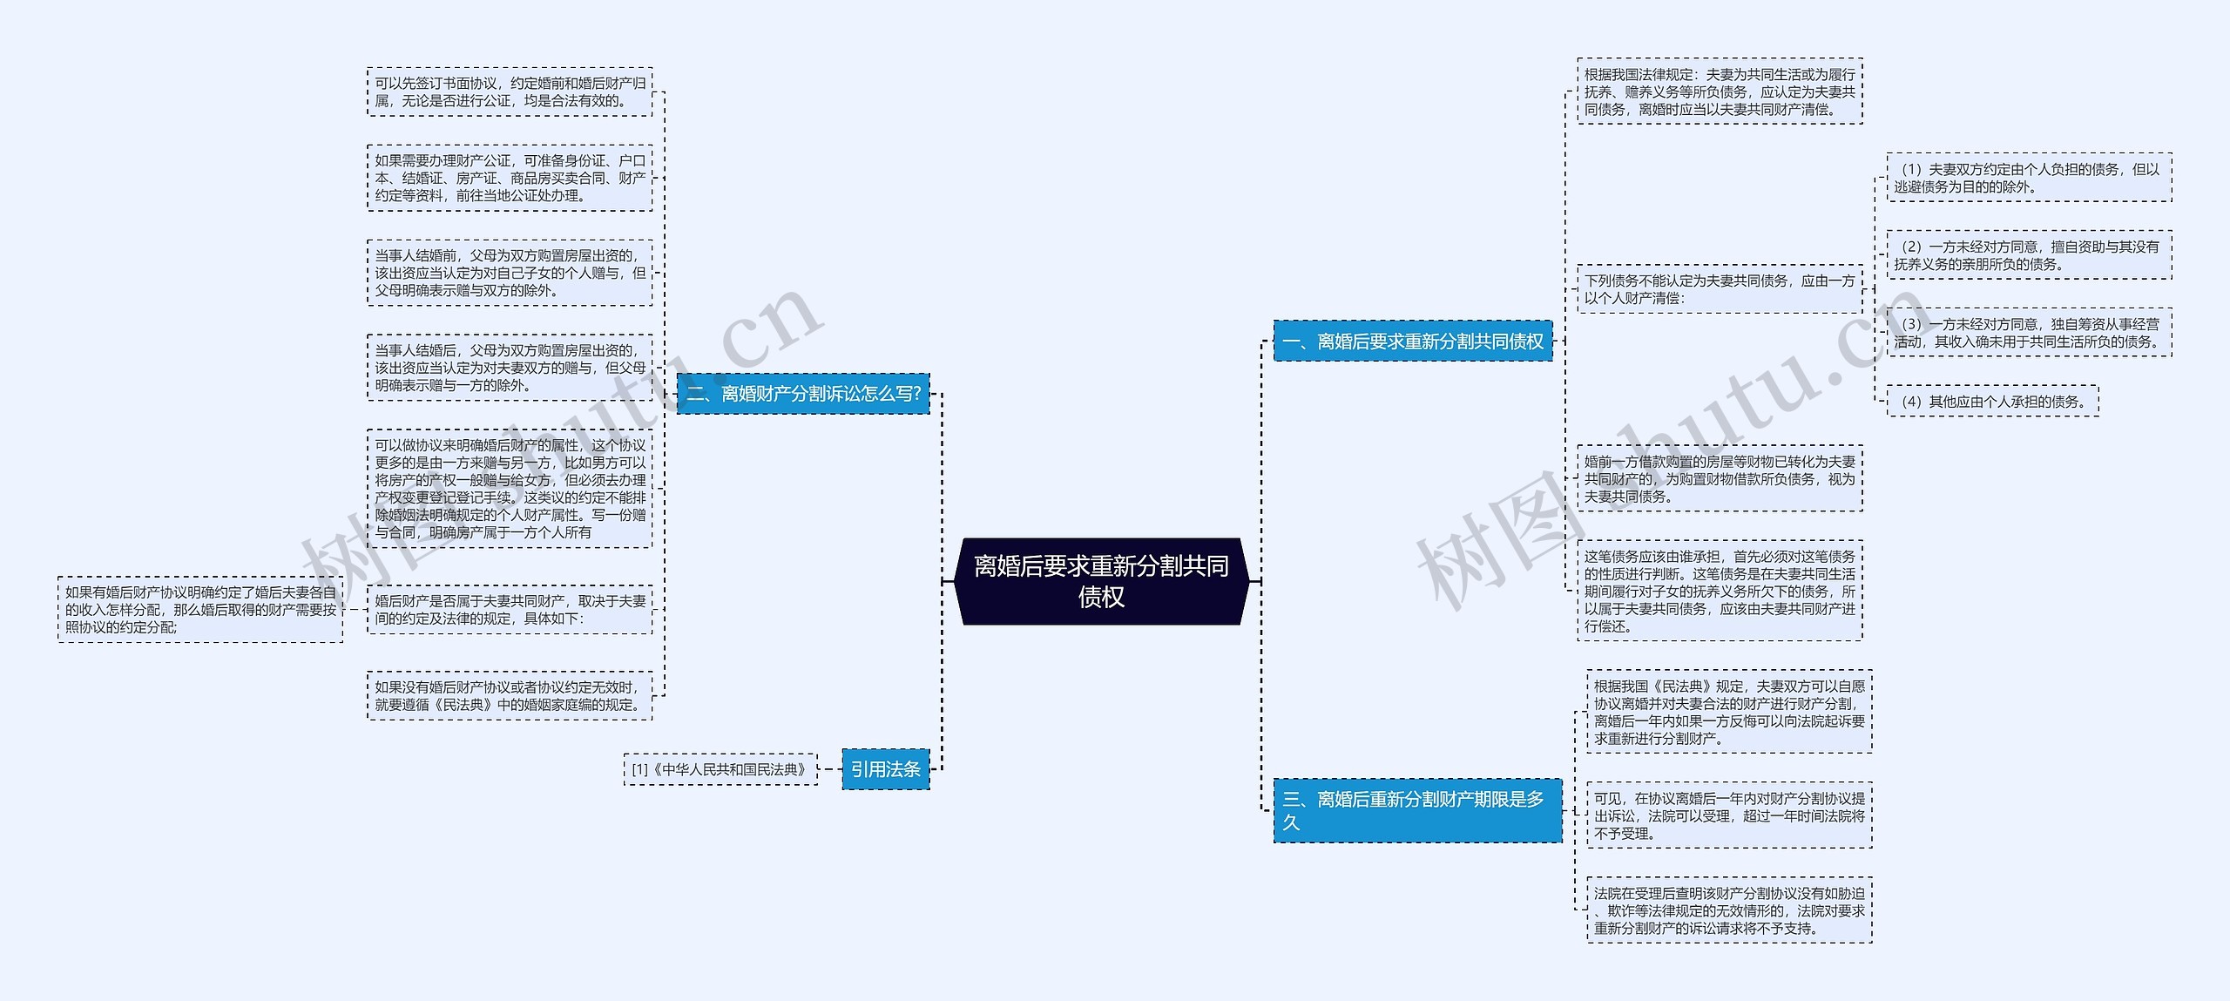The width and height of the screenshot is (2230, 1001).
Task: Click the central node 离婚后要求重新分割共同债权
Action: coord(1101,581)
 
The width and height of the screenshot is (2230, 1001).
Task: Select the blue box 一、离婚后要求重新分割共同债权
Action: coord(1413,341)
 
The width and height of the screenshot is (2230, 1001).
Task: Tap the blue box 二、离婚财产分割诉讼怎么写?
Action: coord(803,394)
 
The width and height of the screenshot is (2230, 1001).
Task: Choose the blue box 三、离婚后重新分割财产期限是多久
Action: coord(1417,810)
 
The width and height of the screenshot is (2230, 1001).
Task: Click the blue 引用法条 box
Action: coord(886,769)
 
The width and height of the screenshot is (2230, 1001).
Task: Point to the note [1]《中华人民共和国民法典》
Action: coord(720,769)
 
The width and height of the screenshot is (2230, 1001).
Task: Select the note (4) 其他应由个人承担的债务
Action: coord(1992,402)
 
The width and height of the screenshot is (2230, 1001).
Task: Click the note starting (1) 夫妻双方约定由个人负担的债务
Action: coord(2029,178)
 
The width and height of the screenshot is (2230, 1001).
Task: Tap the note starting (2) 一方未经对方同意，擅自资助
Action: coord(2029,255)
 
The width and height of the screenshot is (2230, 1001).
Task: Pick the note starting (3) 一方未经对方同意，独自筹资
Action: coord(2029,333)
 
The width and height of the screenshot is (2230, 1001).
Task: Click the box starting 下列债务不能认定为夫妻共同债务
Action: coord(1720,289)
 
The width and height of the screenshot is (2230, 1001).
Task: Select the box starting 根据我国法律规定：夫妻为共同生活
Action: coord(1720,91)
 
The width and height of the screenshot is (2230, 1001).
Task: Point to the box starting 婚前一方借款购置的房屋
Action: coord(1720,478)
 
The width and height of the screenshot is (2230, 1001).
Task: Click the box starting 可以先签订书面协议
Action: coord(510,91)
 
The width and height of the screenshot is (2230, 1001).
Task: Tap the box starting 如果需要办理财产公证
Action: coord(510,178)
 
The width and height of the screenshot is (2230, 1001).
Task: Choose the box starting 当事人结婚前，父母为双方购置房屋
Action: coord(510,273)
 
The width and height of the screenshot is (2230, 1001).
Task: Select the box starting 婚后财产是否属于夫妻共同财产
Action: coord(510,610)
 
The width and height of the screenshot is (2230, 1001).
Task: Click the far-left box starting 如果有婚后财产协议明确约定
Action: coord(200,610)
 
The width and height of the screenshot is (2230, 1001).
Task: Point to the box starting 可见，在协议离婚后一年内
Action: coord(1729,815)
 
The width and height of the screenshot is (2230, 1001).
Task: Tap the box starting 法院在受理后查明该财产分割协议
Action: coord(1729,910)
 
